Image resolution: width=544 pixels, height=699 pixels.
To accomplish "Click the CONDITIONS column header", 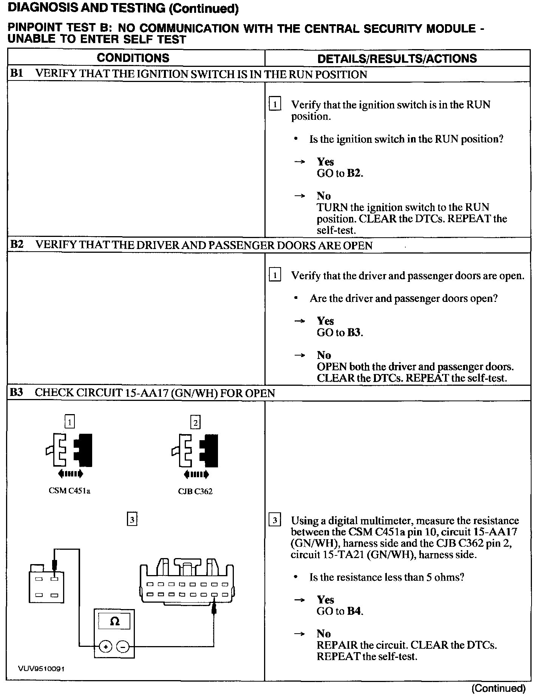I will [x=133, y=58].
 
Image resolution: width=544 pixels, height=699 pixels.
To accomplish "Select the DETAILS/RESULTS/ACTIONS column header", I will [x=397, y=59].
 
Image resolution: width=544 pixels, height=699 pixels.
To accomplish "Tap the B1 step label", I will [x=17, y=74].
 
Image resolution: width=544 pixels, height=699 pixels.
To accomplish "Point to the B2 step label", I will [x=17, y=244].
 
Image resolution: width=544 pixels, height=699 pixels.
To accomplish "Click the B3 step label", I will [x=17, y=393].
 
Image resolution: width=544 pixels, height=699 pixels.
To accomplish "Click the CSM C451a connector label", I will [x=70, y=491].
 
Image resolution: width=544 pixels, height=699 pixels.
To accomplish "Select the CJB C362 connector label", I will [x=195, y=491].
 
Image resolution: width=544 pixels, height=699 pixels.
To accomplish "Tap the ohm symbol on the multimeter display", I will [x=114, y=621].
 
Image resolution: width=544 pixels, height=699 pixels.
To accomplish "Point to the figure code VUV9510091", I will [x=41, y=668].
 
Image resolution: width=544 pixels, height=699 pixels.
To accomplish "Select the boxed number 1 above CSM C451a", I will [x=70, y=422].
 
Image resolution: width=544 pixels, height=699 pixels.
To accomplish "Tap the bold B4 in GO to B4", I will [x=354, y=611].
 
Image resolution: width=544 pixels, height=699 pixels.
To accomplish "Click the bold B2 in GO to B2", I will [x=354, y=173].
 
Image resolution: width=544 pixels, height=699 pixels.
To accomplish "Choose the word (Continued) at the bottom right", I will [x=498, y=688].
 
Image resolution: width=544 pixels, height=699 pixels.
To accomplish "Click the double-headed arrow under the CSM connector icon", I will [x=71, y=474].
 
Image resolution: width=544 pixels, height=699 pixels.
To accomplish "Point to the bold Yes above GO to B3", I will [x=325, y=321].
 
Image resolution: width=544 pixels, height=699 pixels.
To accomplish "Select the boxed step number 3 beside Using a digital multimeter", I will [x=275, y=521].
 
